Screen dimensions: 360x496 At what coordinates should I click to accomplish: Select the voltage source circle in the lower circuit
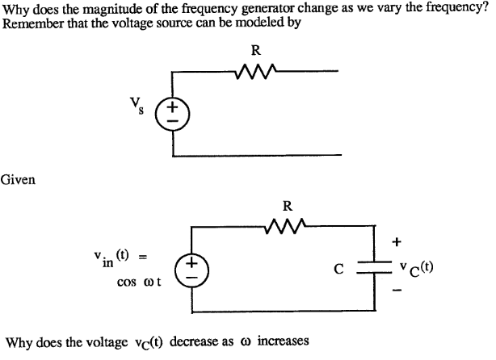click(x=192, y=268)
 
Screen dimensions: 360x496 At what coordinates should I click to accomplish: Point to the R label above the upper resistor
click(x=256, y=50)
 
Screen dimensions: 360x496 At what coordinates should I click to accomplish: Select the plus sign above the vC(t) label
click(x=396, y=241)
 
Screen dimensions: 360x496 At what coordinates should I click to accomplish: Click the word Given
click(x=18, y=179)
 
